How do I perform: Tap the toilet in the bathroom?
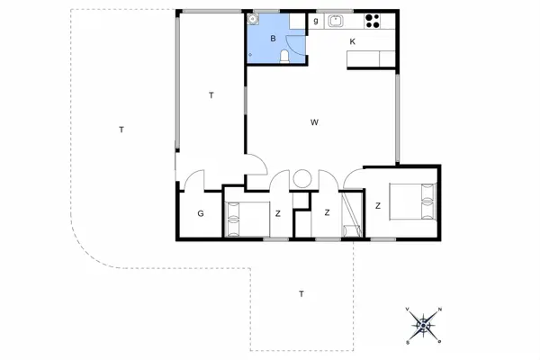tap(285, 58)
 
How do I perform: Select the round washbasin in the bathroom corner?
tap(255, 21)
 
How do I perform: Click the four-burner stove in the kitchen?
tap(373, 22)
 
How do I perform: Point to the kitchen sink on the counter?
tap(336, 21)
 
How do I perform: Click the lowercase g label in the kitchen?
tap(316, 20)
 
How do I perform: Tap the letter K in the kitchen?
tap(353, 42)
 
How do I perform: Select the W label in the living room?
tap(315, 121)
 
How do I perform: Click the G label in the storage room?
tap(201, 214)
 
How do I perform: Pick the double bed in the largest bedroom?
tap(414, 200)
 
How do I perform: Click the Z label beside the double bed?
tap(378, 206)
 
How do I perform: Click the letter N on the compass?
tap(439, 310)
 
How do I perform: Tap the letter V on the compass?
tap(409, 310)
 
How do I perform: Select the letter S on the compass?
tap(409, 342)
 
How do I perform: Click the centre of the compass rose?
tap(424, 326)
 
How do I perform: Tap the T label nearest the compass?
tap(301, 294)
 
